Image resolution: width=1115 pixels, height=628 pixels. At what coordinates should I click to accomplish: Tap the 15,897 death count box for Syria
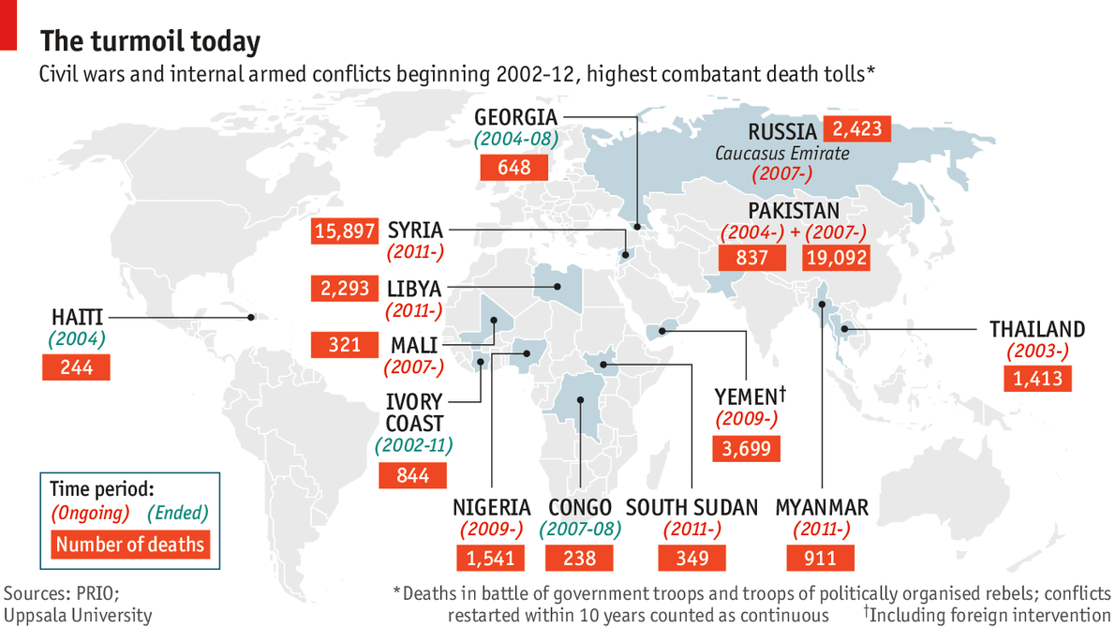pos(345,231)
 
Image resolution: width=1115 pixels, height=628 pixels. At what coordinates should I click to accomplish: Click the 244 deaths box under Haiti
pos(76,367)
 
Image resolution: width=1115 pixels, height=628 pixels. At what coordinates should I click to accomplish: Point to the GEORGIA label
pos(515,118)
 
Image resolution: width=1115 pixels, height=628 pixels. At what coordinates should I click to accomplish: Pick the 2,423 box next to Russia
pos(855,128)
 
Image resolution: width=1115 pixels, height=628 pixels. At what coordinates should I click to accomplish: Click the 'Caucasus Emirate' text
pos(782,153)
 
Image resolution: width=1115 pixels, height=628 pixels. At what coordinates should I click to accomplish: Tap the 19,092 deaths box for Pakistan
pos(835,257)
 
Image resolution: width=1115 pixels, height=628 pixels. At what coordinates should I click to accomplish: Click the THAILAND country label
pos(1037,329)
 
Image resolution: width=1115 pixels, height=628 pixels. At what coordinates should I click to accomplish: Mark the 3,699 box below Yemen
pos(747,449)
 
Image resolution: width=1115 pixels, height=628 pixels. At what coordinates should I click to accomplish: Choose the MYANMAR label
pos(822,507)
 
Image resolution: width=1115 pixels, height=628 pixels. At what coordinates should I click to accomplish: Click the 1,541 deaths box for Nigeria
pos(491,558)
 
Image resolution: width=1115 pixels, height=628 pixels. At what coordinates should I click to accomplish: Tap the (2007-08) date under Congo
pos(580,530)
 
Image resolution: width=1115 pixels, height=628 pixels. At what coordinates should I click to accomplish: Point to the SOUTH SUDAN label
pos(691,507)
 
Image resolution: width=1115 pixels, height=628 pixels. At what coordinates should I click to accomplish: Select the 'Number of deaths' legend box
pos(130,544)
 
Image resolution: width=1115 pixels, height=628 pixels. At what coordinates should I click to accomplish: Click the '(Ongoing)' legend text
pos(90,513)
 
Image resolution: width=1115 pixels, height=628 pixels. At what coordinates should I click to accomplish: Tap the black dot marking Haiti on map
pos(251,318)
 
